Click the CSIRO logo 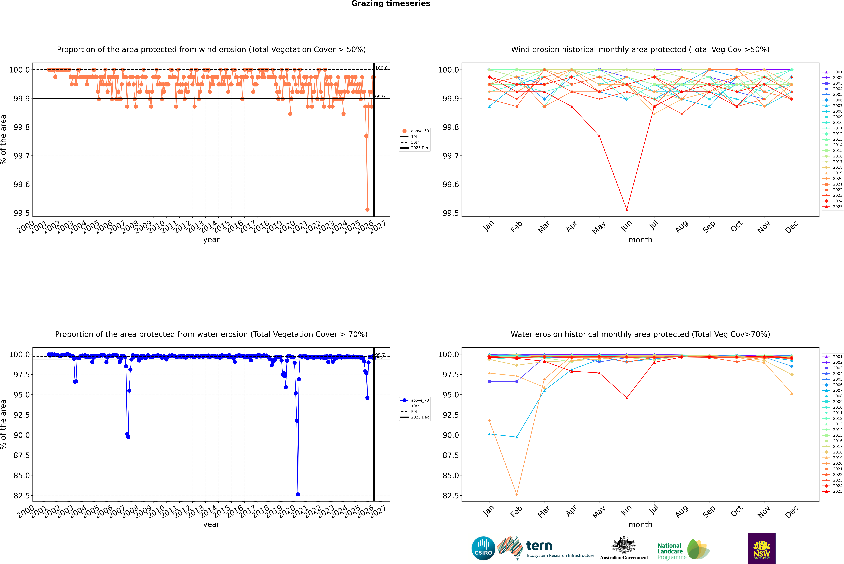pos(483,548)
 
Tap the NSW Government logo pos(762,548)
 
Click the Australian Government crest pos(624,545)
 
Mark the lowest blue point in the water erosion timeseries pos(298,494)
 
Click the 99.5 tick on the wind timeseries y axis pos(22,213)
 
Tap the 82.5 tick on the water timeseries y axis pos(22,496)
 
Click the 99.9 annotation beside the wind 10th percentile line pos(380,97)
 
